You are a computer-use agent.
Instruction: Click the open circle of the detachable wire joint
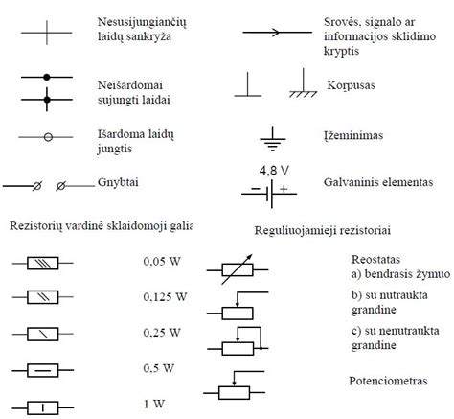click(x=48, y=137)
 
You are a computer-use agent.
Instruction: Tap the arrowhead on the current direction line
click(x=276, y=32)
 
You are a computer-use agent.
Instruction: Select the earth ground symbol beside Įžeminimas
click(x=272, y=139)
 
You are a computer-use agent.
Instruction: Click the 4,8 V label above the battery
click(x=274, y=171)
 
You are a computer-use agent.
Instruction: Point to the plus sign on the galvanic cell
click(x=284, y=189)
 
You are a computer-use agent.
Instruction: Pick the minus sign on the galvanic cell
click(x=256, y=189)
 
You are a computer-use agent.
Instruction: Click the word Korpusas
click(x=351, y=85)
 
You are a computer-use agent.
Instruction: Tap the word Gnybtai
click(x=118, y=182)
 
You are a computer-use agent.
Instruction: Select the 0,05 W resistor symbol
click(x=43, y=263)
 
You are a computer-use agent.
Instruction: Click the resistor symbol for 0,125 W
click(x=43, y=297)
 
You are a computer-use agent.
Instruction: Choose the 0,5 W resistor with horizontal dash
click(x=43, y=370)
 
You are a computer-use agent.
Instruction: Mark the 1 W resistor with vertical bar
click(x=43, y=407)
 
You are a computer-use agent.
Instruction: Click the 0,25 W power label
click(x=162, y=333)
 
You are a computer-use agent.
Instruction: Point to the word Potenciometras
click(x=388, y=381)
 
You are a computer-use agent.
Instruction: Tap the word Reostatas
click(x=375, y=259)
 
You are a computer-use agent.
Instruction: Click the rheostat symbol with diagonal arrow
click(x=238, y=269)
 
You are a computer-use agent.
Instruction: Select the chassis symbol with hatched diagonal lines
click(x=303, y=82)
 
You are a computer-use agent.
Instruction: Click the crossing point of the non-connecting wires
click(x=47, y=33)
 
